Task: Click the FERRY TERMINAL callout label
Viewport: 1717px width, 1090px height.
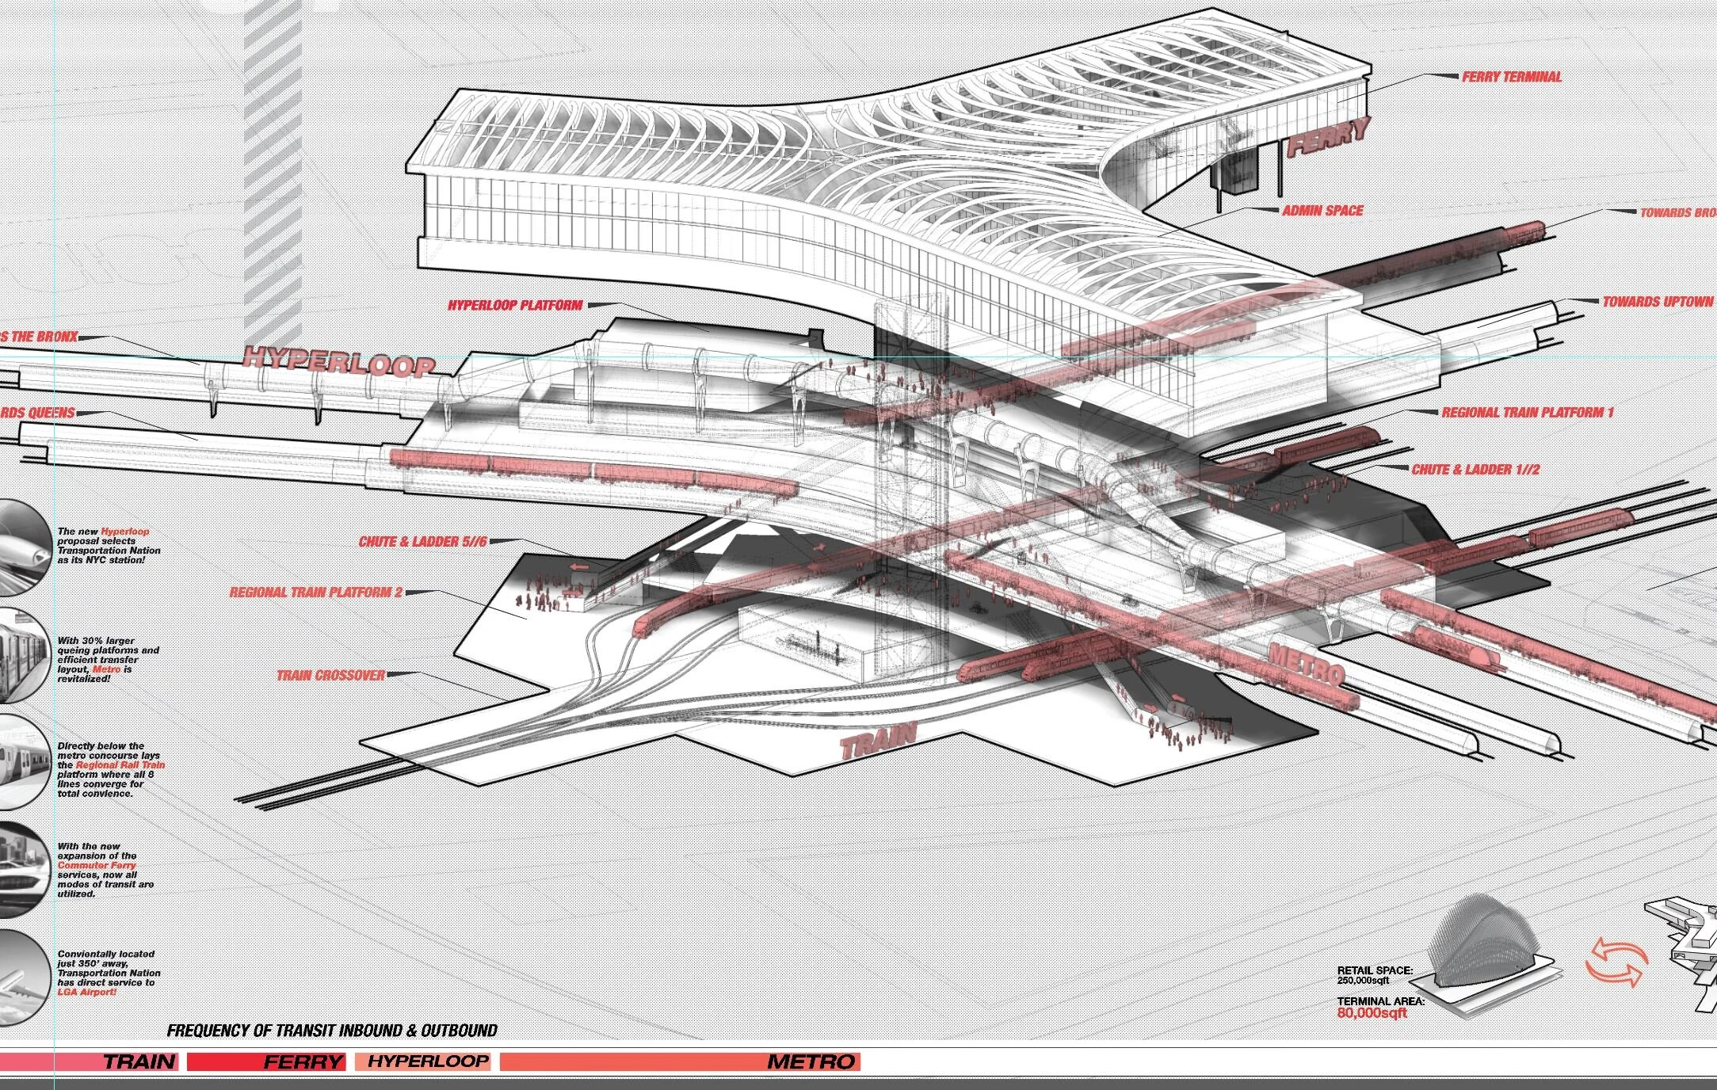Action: point(1511,77)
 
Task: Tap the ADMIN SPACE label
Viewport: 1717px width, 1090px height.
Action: point(1322,211)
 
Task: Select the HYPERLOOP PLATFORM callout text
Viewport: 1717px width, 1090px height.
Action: point(515,305)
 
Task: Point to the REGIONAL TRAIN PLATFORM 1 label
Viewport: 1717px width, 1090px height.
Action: point(1527,413)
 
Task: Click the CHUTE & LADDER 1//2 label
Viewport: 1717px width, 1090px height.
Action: point(1475,469)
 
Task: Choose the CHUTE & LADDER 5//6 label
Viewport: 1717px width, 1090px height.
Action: point(422,542)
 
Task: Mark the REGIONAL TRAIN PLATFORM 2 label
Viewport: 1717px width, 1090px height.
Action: point(316,592)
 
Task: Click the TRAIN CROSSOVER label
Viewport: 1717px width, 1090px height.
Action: point(330,675)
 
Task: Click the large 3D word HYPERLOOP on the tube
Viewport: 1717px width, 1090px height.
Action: point(339,360)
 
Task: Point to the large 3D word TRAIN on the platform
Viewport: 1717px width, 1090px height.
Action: point(877,741)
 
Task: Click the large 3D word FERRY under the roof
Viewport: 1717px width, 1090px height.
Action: point(1328,138)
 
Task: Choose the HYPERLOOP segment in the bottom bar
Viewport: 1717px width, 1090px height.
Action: point(428,1061)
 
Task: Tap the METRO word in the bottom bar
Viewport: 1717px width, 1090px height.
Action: point(811,1061)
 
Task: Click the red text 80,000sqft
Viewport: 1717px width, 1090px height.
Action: point(1372,1012)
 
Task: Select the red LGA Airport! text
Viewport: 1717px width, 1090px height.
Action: point(87,992)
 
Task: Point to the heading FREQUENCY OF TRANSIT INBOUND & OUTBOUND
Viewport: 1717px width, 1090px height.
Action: point(332,1031)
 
